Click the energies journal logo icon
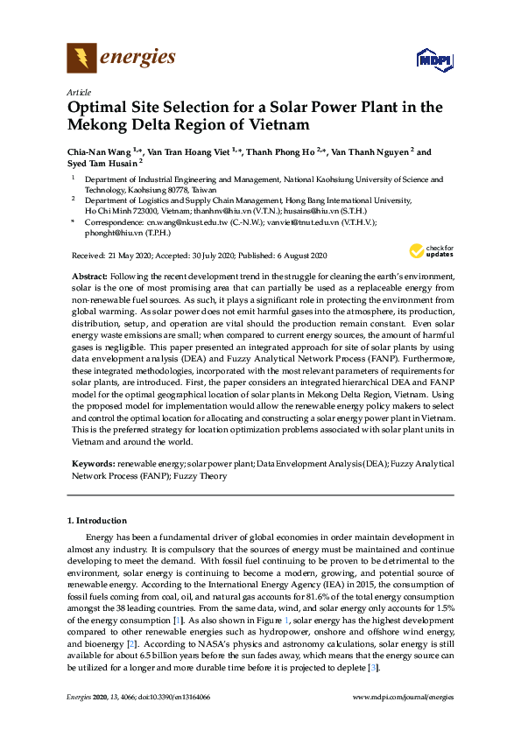coord(81,59)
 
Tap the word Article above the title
coord(77,91)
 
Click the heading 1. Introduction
coord(97,520)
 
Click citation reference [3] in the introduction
coord(374,667)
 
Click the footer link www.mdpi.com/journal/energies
coord(402,698)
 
